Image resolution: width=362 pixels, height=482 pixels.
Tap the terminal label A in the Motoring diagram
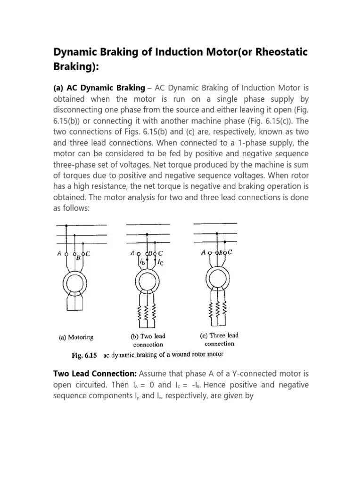click(59, 254)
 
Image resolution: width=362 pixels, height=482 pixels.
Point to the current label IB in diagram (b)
click(142, 261)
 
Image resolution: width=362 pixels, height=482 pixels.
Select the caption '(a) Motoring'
click(76, 337)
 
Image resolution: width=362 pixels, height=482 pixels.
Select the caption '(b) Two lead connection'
click(148, 340)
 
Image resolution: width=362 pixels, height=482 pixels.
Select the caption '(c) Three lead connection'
click(217, 339)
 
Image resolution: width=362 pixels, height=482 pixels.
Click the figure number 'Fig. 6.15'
click(84, 355)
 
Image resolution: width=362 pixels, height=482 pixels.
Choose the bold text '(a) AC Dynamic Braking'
click(99, 88)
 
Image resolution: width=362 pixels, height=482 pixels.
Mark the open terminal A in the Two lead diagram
click(138, 253)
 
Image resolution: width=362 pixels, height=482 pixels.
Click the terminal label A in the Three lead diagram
click(203, 253)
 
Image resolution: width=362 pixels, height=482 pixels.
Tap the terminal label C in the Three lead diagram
click(230, 252)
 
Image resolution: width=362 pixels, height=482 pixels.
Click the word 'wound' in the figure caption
click(182, 355)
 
